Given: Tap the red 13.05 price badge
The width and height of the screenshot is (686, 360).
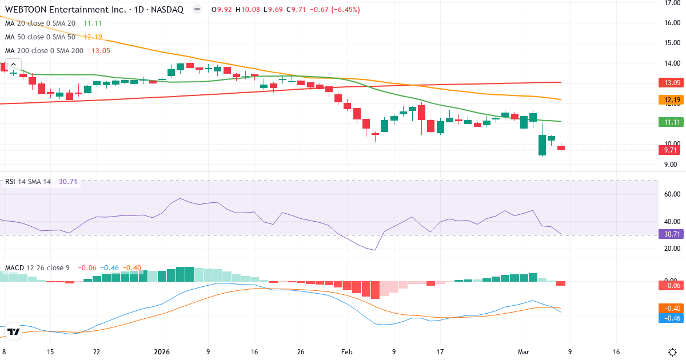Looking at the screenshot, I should [672, 83].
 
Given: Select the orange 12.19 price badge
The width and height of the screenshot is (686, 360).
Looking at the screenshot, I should [672, 100].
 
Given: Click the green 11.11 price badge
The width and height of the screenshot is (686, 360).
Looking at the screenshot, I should [672, 122].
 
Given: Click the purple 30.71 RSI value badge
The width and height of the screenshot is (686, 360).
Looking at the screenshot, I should [672, 234].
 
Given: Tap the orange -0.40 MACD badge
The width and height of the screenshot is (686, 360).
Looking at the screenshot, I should [672, 309].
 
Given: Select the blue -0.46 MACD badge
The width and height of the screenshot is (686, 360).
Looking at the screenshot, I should [672, 318].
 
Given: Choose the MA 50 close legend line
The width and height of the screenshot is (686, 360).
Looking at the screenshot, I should [40, 37].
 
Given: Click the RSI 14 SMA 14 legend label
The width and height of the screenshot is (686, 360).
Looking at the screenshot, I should [28, 182].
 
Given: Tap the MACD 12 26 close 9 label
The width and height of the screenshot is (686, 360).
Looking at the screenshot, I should [38, 267].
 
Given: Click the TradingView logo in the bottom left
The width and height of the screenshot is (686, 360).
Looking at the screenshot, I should [14, 331].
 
